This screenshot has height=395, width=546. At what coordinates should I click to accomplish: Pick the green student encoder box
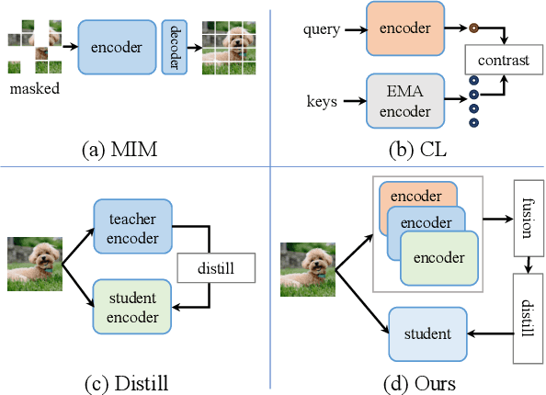131,305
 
